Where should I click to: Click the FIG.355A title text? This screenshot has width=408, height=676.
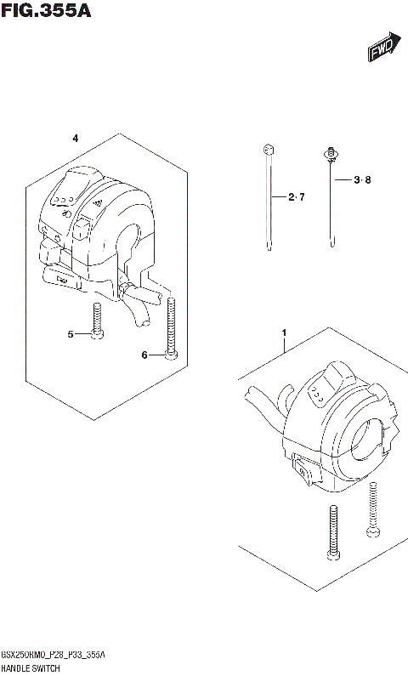tap(46, 12)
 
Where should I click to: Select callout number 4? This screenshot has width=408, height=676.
tap(75, 138)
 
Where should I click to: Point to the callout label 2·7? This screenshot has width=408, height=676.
tap(295, 197)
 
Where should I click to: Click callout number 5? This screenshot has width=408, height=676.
tap(71, 334)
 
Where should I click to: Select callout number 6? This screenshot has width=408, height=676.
tap(144, 355)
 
